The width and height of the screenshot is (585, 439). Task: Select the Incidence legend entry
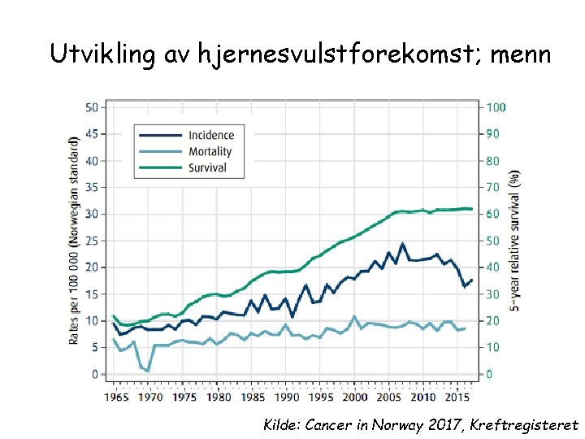point(210,135)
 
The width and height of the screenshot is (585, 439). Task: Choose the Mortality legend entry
point(210,151)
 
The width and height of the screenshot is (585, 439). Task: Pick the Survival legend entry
point(207,167)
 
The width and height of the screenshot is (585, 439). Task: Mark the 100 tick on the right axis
point(496,107)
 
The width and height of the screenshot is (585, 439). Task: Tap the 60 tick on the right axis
point(493,214)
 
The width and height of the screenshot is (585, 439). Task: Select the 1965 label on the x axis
point(116,398)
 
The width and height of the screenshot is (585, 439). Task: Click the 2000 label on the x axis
point(354,398)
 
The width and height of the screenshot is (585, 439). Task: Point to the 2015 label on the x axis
point(456,398)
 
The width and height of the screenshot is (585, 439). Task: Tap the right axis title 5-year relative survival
point(514,240)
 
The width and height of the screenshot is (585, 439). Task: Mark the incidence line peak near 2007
point(402,243)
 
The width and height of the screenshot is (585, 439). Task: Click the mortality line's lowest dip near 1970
point(148,371)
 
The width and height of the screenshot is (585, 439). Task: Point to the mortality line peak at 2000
point(354,316)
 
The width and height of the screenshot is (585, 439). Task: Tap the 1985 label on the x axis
point(252,398)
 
